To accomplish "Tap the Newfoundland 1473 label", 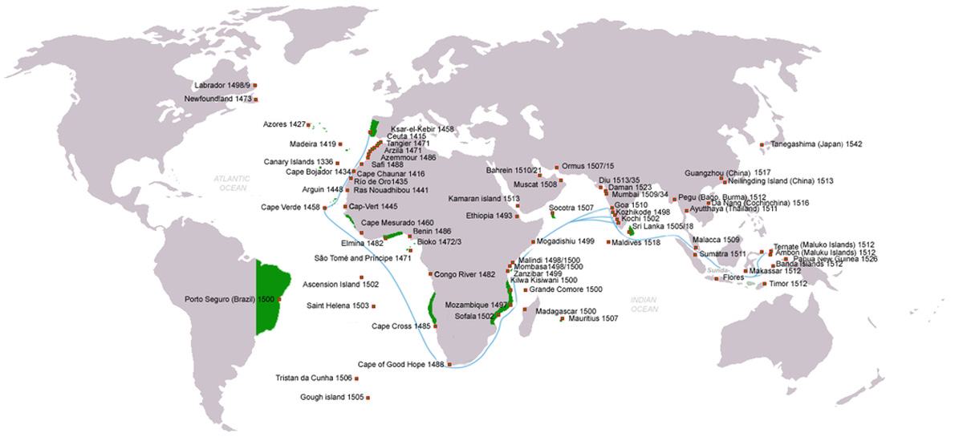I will (x=218, y=99).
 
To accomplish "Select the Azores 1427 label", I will (x=284, y=124).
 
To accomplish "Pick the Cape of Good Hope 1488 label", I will (x=400, y=364).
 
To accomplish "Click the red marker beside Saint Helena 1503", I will (x=373, y=305).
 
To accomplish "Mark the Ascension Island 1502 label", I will (x=340, y=285).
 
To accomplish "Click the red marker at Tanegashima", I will (x=762, y=144).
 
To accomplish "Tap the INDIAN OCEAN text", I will (x=644, y=304).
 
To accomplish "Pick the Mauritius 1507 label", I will (x=592, y=318).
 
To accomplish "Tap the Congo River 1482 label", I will (x=464, y=273).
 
